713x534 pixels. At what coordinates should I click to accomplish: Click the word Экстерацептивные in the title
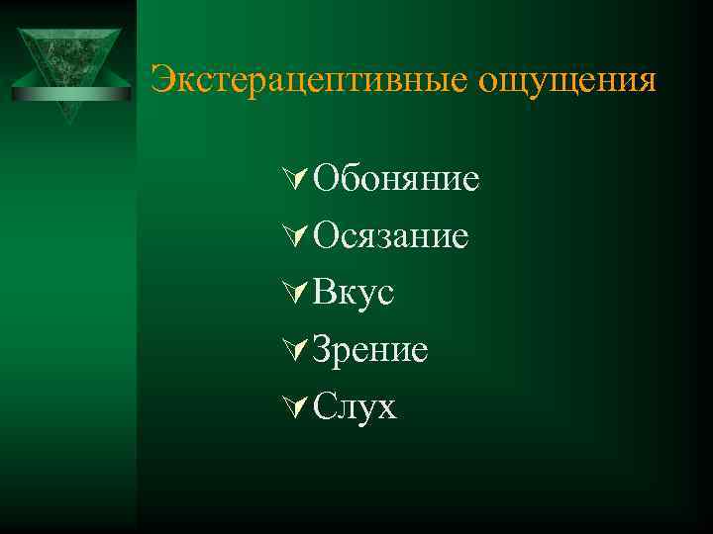[x=309, y=80]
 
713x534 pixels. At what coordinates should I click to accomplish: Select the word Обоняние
[x=395, y=180]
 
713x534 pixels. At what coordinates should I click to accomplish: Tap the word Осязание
[x=389, y=236]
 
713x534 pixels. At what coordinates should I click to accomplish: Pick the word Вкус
[x=353, y=293]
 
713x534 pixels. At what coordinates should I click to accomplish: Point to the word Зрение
[x=369, y=350]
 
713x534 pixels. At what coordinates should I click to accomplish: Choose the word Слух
[x=354, y=406]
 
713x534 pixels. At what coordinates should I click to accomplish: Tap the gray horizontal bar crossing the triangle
[x=71, y=94]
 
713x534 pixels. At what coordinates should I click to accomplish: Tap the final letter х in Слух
[x=385, y=408]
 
